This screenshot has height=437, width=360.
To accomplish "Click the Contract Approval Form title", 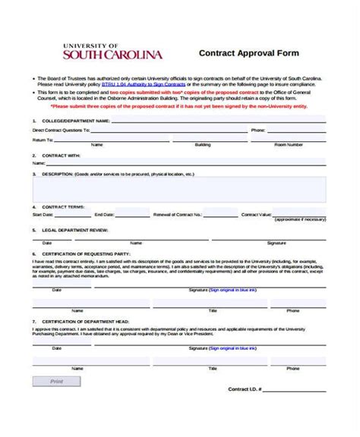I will pos(248,54).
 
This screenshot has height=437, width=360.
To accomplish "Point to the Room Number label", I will pos(289,144).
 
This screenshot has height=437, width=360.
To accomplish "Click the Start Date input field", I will pos(68,215).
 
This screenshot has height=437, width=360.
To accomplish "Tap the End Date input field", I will pos(134,215).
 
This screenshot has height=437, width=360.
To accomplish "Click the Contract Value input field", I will pos(299,215).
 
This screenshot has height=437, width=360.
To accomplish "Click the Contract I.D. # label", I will pos(245,389).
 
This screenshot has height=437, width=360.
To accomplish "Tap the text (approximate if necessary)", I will pos(300,220).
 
